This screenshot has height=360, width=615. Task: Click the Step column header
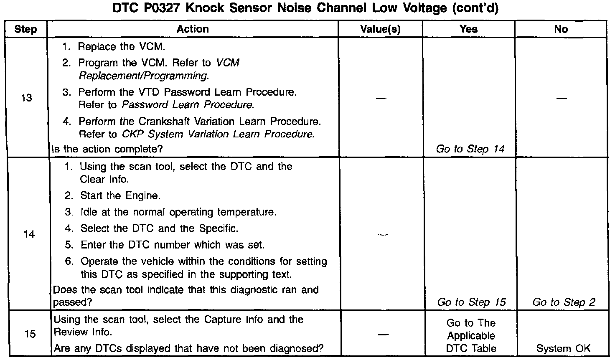pyautogui.click(x=25, y=29)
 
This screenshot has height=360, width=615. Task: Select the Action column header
pyautogui.click(x=192, y=29)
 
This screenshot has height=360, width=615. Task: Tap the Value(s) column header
pyautogui.click(x=380, y=29)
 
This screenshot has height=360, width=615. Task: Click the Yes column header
pyautogui.click(x=468, y=29)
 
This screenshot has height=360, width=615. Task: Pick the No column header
pyautogui.click(x=561, y=29)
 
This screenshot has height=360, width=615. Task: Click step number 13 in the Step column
pyautogui.click(x=26, y=98)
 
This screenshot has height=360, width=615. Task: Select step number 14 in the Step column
pyautogui.click(x=29, y=234)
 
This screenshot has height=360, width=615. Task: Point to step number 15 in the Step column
pyautogui.click(x=30, y=334)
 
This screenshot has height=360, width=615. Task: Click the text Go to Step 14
pyautogui.click(x=470, y=149)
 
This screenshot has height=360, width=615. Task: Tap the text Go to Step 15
pyautogui.click(x=471, y=302)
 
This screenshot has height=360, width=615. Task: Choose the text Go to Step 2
pyautogui.click(x=564, y=302)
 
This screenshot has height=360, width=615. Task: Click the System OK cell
pyautogui.click(x=563, y=348)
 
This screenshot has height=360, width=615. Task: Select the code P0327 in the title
pyautogui.click(x=159, y=9)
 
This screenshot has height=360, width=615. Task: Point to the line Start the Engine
pyautogui.click(x=120, y=195)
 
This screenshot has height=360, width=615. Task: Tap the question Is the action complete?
pyautogui.click(x=107, y=149)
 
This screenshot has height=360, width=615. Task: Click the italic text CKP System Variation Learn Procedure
pyautogui.click(x=218, y=134)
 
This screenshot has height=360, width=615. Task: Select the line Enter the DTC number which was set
pyautogui.click(x=172, y=245)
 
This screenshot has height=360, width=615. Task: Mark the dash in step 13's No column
pyautogui.click(x=562, y=99)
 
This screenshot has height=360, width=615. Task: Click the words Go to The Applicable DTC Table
pyautogui.click(x=471, y=335)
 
